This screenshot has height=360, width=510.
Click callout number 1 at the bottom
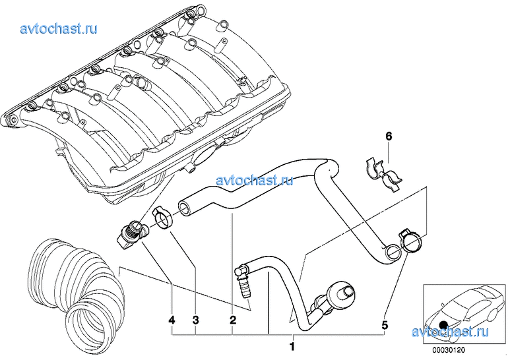292,345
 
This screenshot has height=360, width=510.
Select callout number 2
232,320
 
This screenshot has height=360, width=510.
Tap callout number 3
196,320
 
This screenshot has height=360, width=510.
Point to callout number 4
172,320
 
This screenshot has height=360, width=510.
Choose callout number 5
385,324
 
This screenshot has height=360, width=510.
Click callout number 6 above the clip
389,136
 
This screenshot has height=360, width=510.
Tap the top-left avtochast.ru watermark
59,28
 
